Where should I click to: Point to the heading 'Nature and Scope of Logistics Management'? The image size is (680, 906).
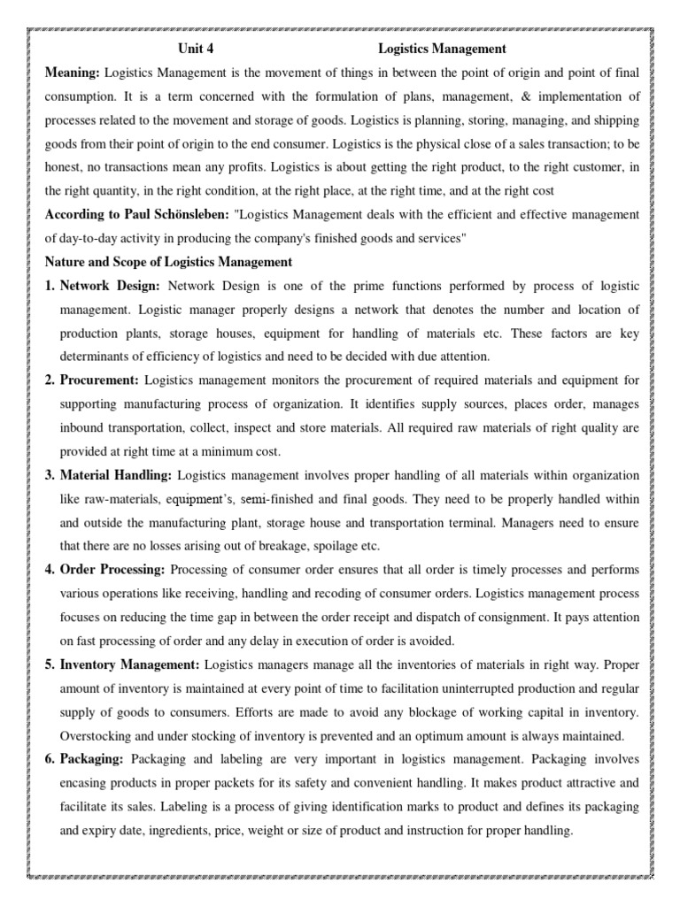coord(168,261)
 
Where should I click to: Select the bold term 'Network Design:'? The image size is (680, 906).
coord(110,285)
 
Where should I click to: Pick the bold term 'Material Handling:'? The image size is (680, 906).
coord(116,476)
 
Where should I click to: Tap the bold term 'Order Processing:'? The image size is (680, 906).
coord(112,570)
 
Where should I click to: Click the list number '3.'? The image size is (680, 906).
coord(50,476)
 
